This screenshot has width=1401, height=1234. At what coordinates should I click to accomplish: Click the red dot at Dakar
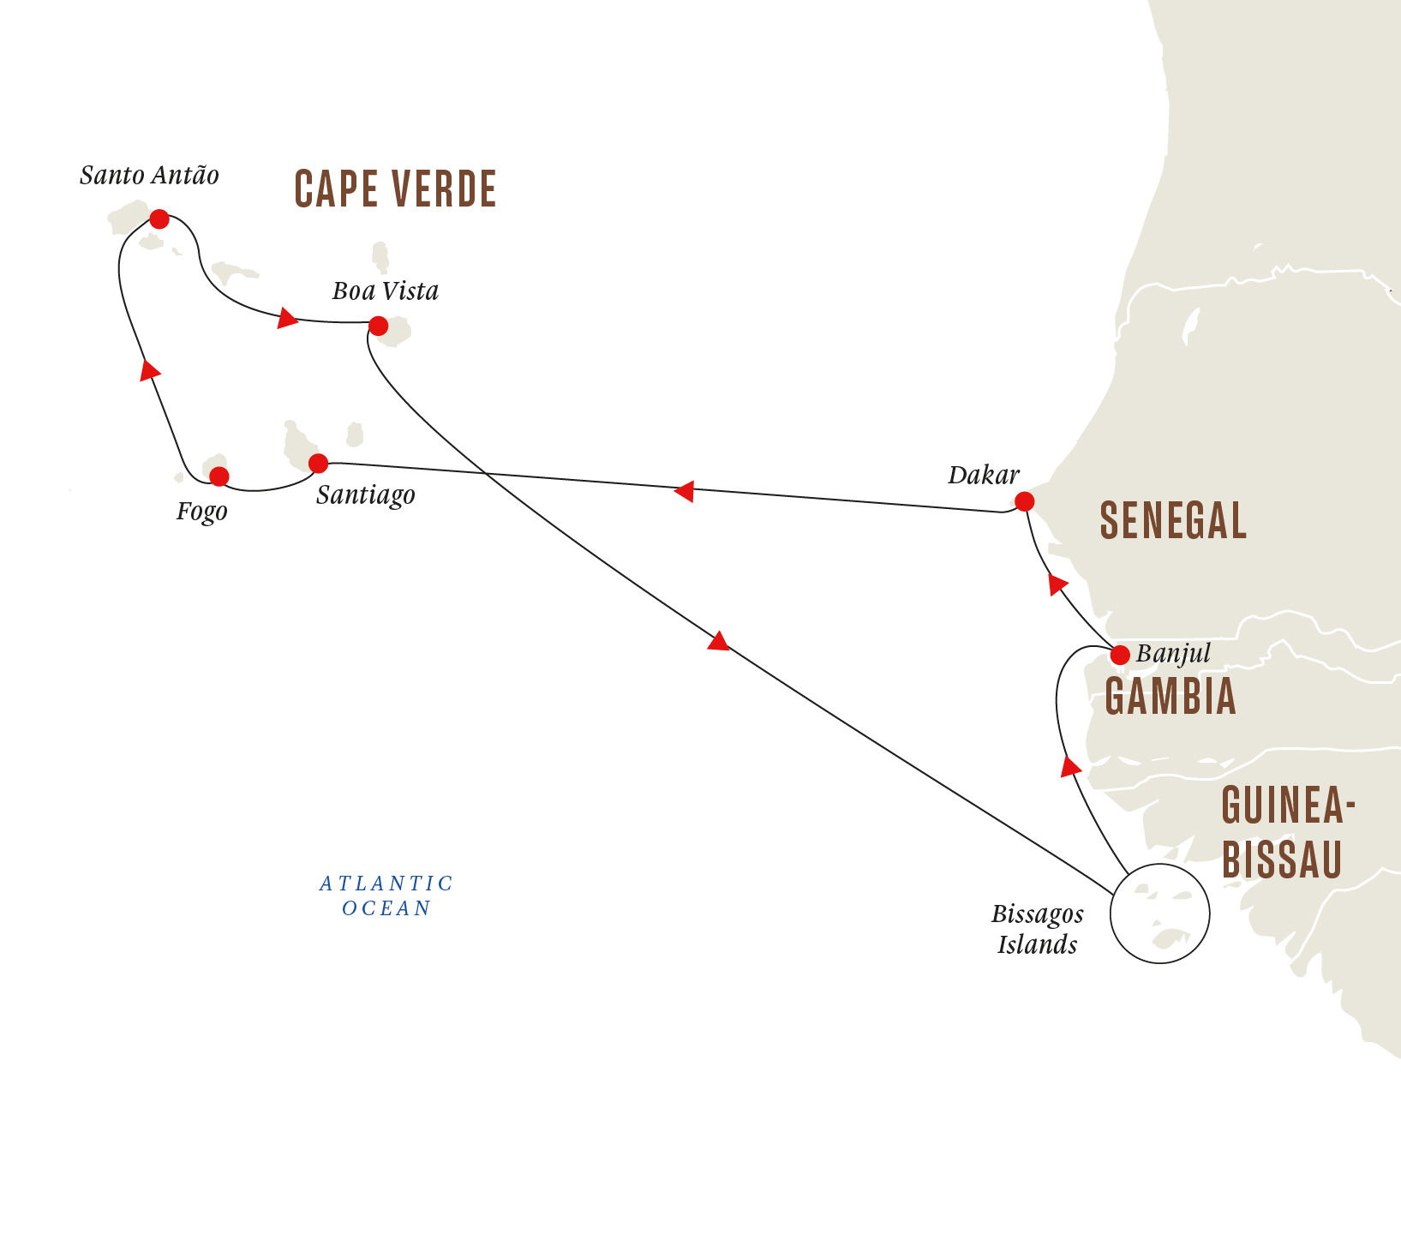pos(1024,501)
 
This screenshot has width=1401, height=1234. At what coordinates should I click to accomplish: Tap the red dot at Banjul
pos(1119,656)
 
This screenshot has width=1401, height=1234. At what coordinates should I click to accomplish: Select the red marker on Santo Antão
pos(159,219)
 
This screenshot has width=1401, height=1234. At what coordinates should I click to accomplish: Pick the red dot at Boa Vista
pos(378,326)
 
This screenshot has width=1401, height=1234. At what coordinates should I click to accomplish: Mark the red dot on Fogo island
pos(219,476)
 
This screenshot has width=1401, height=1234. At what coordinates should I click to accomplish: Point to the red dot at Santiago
pos(318,464)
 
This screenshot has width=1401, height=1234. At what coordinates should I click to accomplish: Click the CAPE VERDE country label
pos(395,189)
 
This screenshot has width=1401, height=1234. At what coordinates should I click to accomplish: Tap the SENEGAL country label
pos(1173,521)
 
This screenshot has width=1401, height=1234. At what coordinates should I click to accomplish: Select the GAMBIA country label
pos(1170,697)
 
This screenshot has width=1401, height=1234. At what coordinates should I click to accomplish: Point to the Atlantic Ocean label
pos(386,896)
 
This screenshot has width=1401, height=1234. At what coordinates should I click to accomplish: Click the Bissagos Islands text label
pos(1037,929)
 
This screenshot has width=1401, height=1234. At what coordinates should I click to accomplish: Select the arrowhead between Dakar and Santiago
pos(684,492)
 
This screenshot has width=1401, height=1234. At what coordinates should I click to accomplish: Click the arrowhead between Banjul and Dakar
pos(1057,584)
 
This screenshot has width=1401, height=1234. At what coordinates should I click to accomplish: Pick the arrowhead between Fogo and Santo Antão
pos(150,370)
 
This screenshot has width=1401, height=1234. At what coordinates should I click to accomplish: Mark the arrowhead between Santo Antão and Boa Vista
pos(287,319)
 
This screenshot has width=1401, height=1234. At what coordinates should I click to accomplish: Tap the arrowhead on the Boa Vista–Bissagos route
pos(718,641)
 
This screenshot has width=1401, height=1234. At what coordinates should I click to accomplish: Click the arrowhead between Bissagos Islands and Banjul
pos(1069,766)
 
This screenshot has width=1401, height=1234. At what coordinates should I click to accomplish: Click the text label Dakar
pos(983,476)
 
